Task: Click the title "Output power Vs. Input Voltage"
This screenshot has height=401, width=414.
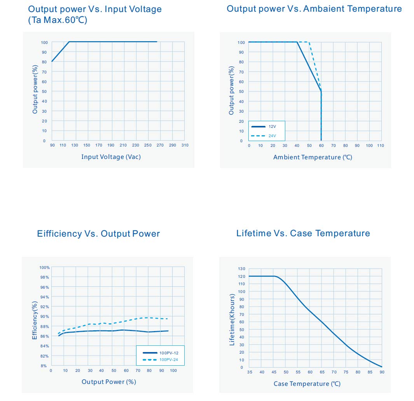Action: [x=95, y=9]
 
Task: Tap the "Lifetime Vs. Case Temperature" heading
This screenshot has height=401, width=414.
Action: [x=303, y=233]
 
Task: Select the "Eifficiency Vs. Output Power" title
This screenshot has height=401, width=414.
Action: [x=98, y=234]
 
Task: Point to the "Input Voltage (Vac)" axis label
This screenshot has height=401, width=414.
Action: [x=111, y=157]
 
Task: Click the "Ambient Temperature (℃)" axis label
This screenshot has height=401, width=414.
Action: [x=313, y=157]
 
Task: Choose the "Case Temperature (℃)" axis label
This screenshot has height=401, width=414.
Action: [x=307, y=384]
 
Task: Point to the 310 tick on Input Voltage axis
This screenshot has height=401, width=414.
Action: [x=185, y=145]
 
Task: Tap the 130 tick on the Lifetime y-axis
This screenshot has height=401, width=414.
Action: [x=241, y=268]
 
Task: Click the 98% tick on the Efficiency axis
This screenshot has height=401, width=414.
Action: [x=44, y=277]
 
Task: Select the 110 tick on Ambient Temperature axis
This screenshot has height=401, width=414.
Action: [x=381, y=146]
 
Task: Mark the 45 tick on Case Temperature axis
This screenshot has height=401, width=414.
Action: [x=274, y=372]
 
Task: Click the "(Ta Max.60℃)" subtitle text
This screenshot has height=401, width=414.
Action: [x=58, y=20]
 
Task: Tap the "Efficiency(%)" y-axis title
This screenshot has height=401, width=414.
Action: [x=34, y=321]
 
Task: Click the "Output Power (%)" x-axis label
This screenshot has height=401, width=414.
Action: [x=109, y=382]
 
